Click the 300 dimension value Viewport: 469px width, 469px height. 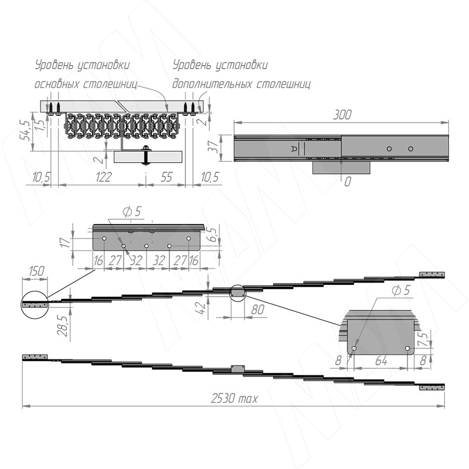(x=342, y=114)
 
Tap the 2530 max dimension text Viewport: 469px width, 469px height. (x=234, y=399)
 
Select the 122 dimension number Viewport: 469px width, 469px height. (x=104, y=177)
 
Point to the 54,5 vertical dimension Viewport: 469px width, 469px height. (x=25, y=130)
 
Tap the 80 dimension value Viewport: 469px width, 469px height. (x=257, y=310)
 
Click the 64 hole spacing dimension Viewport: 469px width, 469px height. (x=381, y=361)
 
